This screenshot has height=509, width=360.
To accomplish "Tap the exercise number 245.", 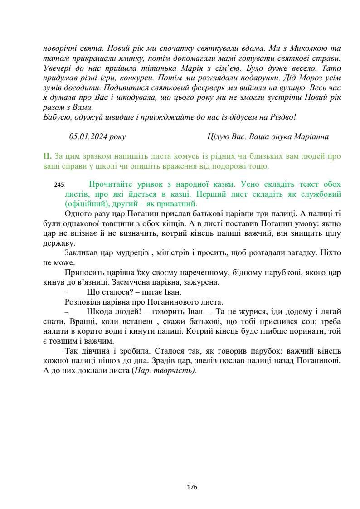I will tap(59, 185).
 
